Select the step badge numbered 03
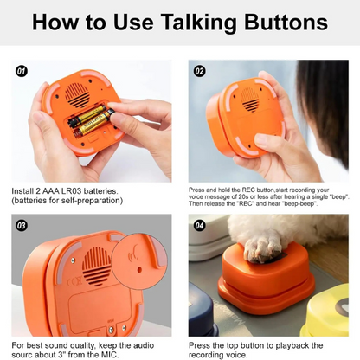coord(22,225)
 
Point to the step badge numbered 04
coord(200,225)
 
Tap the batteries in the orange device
coord(89,120)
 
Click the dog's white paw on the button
coord(262,247)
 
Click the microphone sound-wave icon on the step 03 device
coord(133,256)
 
